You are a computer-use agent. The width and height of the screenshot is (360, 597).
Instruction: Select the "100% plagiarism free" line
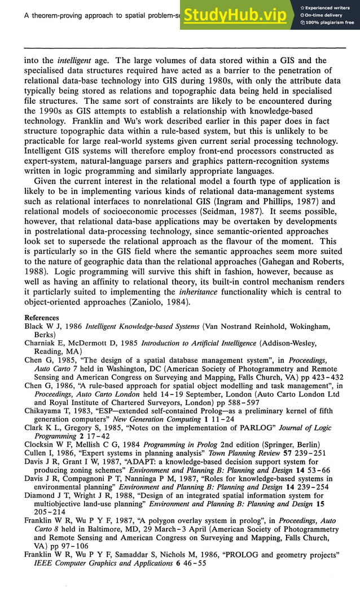[330, 23]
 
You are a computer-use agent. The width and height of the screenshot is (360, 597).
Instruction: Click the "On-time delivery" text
[324, 15]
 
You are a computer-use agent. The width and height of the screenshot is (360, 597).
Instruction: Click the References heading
[42, 318]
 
